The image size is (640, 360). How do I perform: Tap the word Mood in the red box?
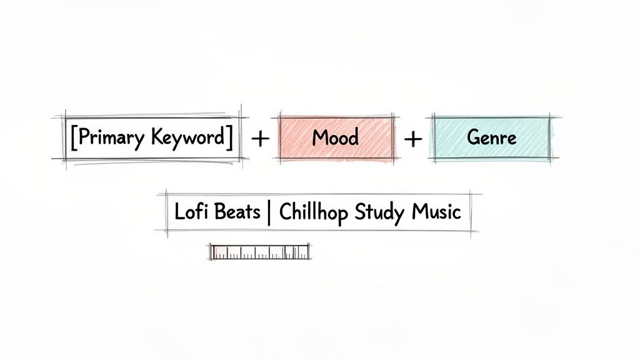coord(336,137)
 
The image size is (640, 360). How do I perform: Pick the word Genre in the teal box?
coord(492,137)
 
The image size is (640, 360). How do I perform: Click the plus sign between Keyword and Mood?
coord(259,139)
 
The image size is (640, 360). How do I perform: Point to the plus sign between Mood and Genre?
coord(413,139)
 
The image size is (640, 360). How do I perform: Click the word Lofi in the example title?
coord(188,212)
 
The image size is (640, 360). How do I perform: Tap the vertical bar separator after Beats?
coord(269,212)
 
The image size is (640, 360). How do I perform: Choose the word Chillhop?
coord(314,212)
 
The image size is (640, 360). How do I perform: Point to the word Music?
coord(436,212)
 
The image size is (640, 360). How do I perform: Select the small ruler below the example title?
coord(259,252)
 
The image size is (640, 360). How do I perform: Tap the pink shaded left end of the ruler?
coord(219,252)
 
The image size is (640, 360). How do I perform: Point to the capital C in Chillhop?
coord(285,212)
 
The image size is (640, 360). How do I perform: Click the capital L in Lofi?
coord(179,212)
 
